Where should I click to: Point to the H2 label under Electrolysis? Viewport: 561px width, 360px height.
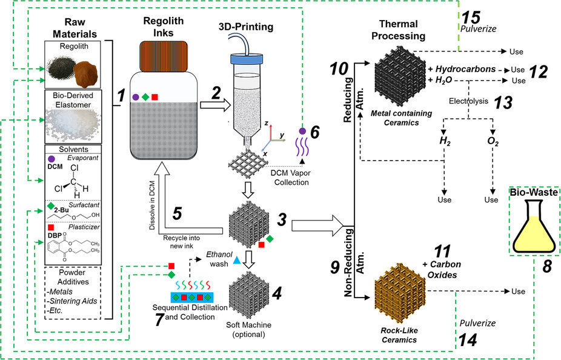(446, 142)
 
